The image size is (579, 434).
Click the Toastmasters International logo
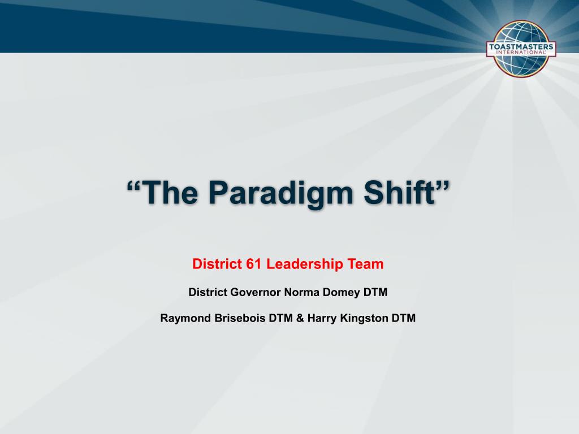tap(521, 47)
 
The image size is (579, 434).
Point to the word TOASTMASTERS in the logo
tap(521, 46)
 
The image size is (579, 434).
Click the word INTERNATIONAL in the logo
tap(521, 52)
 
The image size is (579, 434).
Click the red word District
tap(217, 264)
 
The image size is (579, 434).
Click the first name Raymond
tap(184, 318)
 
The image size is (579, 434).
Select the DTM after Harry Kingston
tap(404, 318)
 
